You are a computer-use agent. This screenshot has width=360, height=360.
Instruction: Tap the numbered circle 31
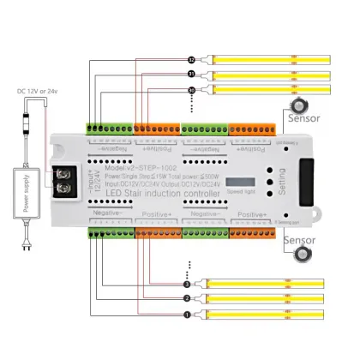pyautogui.click(x=191, y=75)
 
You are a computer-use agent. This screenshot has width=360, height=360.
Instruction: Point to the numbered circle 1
pyautogui.click(x=186, y=314)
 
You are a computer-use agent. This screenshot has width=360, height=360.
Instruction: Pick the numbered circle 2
pyautogui.click(x=186, y=298)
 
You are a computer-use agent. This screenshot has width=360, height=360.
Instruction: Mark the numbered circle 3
pyautogui.click(x=186, y=284)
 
